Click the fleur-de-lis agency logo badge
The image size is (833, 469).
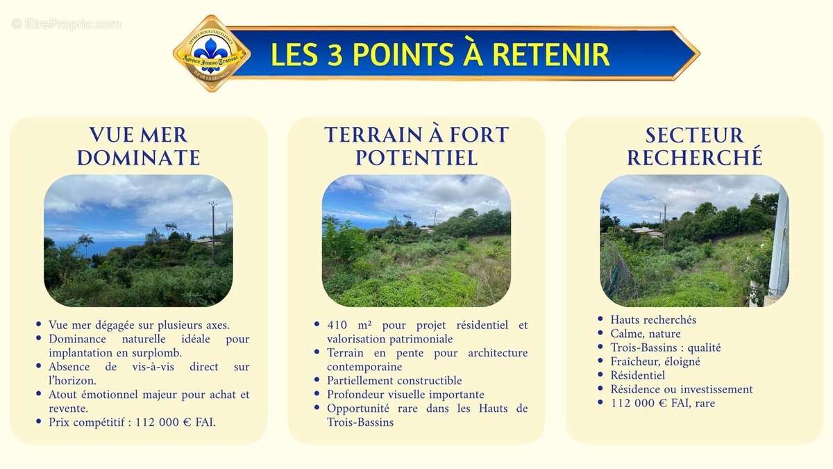click(211, 54)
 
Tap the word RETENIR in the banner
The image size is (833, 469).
click(552, 54)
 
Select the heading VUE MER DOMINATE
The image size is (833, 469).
click(138, 146)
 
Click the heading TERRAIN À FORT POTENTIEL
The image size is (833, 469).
click(416, 146)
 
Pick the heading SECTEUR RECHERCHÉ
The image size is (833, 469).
click(694, 146)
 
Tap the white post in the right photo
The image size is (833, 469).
click(780, 243)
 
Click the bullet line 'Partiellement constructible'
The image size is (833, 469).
click(394, 381)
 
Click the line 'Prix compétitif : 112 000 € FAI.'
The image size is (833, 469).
click(132, 422)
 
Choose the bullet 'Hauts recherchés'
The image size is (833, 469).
click(653, 320)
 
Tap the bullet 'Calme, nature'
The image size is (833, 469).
click(646, 334)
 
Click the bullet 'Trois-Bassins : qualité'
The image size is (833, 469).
click(666, 347)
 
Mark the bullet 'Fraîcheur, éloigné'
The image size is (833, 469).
click(655, 361)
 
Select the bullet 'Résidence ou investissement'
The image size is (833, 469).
click(682, 389)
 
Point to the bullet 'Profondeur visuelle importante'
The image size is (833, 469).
click(405, 395)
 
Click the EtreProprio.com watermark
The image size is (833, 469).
click(67, 24)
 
